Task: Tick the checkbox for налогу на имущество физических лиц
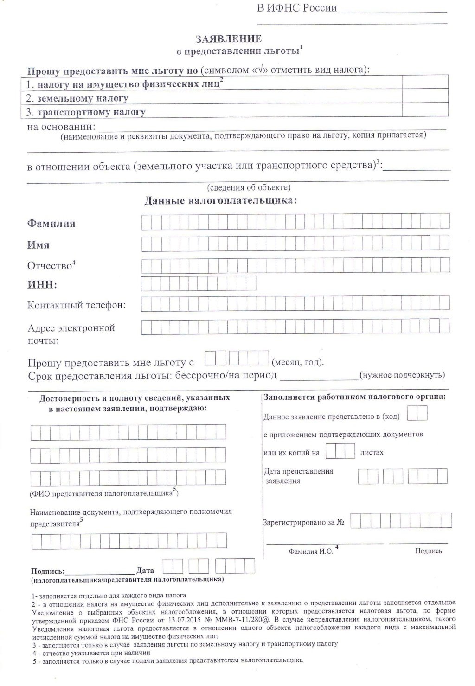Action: tap(425, 82)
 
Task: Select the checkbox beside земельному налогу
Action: tap(425, 96)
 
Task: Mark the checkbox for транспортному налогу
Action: tap(425, 110)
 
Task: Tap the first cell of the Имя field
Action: tap(146, 243)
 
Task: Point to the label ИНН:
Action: tap(42, 285)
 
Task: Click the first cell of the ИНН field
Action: tap(146, 283)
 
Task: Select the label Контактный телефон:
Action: tap(77, 305)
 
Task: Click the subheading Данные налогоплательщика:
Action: tap(221, 201)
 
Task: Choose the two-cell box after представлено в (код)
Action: tap(417, 413)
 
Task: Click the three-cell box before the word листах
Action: tap(340, 451)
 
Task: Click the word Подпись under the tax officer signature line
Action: tap(428, 551)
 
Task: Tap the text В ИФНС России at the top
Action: tap(297, 9)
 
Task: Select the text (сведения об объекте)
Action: tap(249, 187)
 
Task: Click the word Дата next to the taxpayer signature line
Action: tap(146, 570)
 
